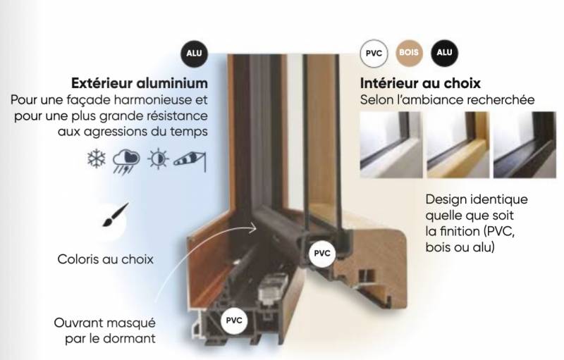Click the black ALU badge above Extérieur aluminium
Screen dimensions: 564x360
pyautogui.click(x=195, y=54)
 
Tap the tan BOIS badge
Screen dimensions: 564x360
pyautogui.click(x=409, y=53)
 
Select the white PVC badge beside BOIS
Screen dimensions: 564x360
pyautogui.click(x=374, y=54)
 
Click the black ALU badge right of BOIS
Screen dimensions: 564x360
pyautogui.click(x=444, y=53)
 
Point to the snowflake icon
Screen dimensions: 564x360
pyautogui.click(x=97, y=159)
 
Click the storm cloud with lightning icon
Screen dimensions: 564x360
pyautogui.click(x=126, y=161)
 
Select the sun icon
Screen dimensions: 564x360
pyautogui.click(x=158, y=159)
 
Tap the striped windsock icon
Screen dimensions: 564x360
pyautogui.click(x=190, y=161)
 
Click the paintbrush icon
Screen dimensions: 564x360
pyautogui.click(x=115, y=215)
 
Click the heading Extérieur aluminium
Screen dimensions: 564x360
pyautogui.click(x=140, y=83)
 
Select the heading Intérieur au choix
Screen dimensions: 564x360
pyautogui.click(x=420, y=83)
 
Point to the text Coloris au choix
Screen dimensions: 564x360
pyautogui.click(x=105, y=259)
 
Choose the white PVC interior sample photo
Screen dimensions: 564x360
pyautogui.click(x=391, y=144)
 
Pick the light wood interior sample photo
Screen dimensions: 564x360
pyautogui.click(x=458, y=144)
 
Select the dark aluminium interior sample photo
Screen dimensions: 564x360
pyautogui.click(x=525, y=144)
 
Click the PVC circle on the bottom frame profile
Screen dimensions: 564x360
pyautogui.click(x=234, y=321)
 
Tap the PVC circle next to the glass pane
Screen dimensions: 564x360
pyautogui.click(x=322, y=254)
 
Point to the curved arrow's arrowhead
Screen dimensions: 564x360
pyautogui.click(x=253, y=228)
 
